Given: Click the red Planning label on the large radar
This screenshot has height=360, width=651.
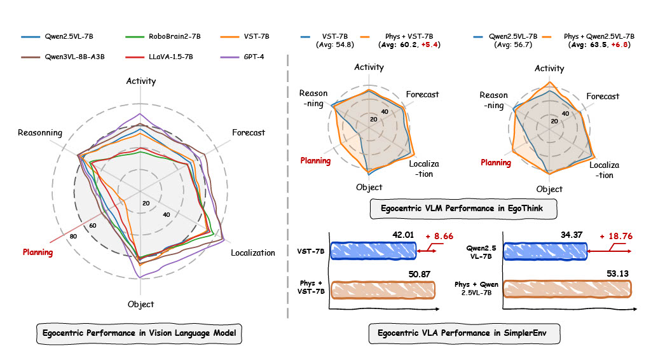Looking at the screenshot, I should (x=38, y=253).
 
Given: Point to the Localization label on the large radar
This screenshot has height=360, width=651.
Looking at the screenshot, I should (x=253, y=253).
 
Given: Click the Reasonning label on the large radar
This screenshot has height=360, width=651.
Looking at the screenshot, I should (x=40, y=133).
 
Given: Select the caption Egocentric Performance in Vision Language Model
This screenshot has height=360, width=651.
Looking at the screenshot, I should (x=139, y=332).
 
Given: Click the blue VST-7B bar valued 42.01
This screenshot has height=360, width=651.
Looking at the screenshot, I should (x=374, y=251).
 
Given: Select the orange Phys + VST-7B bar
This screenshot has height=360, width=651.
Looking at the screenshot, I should (x=383, y=290).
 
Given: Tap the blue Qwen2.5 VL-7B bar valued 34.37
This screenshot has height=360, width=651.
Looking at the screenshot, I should (x=544, y=251).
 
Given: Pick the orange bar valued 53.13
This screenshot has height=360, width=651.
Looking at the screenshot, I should (x=566, y=290).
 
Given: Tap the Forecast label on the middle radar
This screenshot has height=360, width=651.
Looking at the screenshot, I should (x=423, y=94).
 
